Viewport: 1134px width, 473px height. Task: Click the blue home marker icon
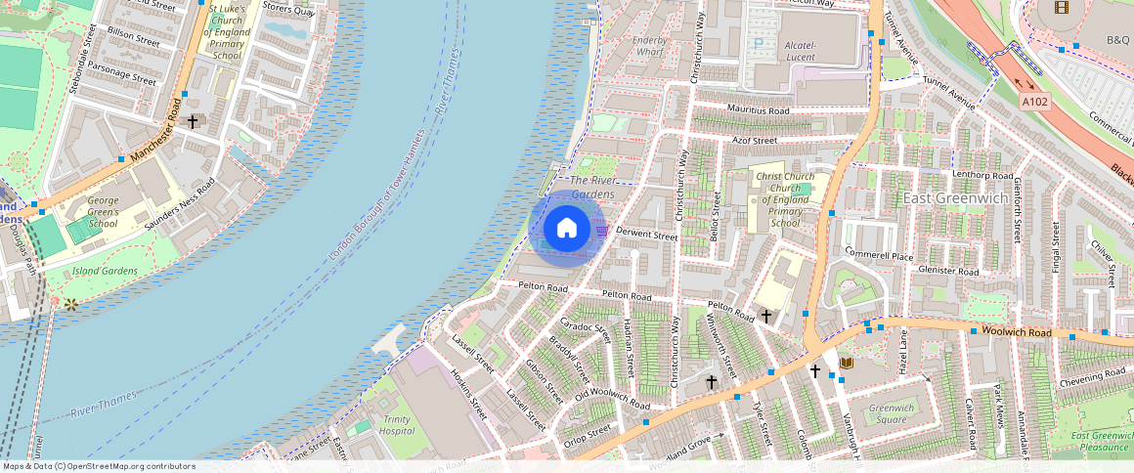tap(567, 229)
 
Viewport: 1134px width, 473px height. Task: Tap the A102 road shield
tap(1035, 101)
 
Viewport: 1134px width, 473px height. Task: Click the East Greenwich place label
tap(955, 197)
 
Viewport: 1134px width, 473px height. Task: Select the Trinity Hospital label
tap(396, 425)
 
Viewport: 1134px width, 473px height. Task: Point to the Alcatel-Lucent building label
tap(807, 52)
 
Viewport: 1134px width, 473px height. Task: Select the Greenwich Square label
tap(891, 413)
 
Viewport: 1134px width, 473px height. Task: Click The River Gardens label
tap(592, 187)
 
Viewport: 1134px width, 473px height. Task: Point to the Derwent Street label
tap(647, 236)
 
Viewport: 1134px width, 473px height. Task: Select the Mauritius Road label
tap(758, 110)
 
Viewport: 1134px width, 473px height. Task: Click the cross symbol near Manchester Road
tap(193, 122)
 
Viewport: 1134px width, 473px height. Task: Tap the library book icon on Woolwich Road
tap(846, 364)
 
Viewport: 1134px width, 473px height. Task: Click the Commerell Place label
tap(879, 255)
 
